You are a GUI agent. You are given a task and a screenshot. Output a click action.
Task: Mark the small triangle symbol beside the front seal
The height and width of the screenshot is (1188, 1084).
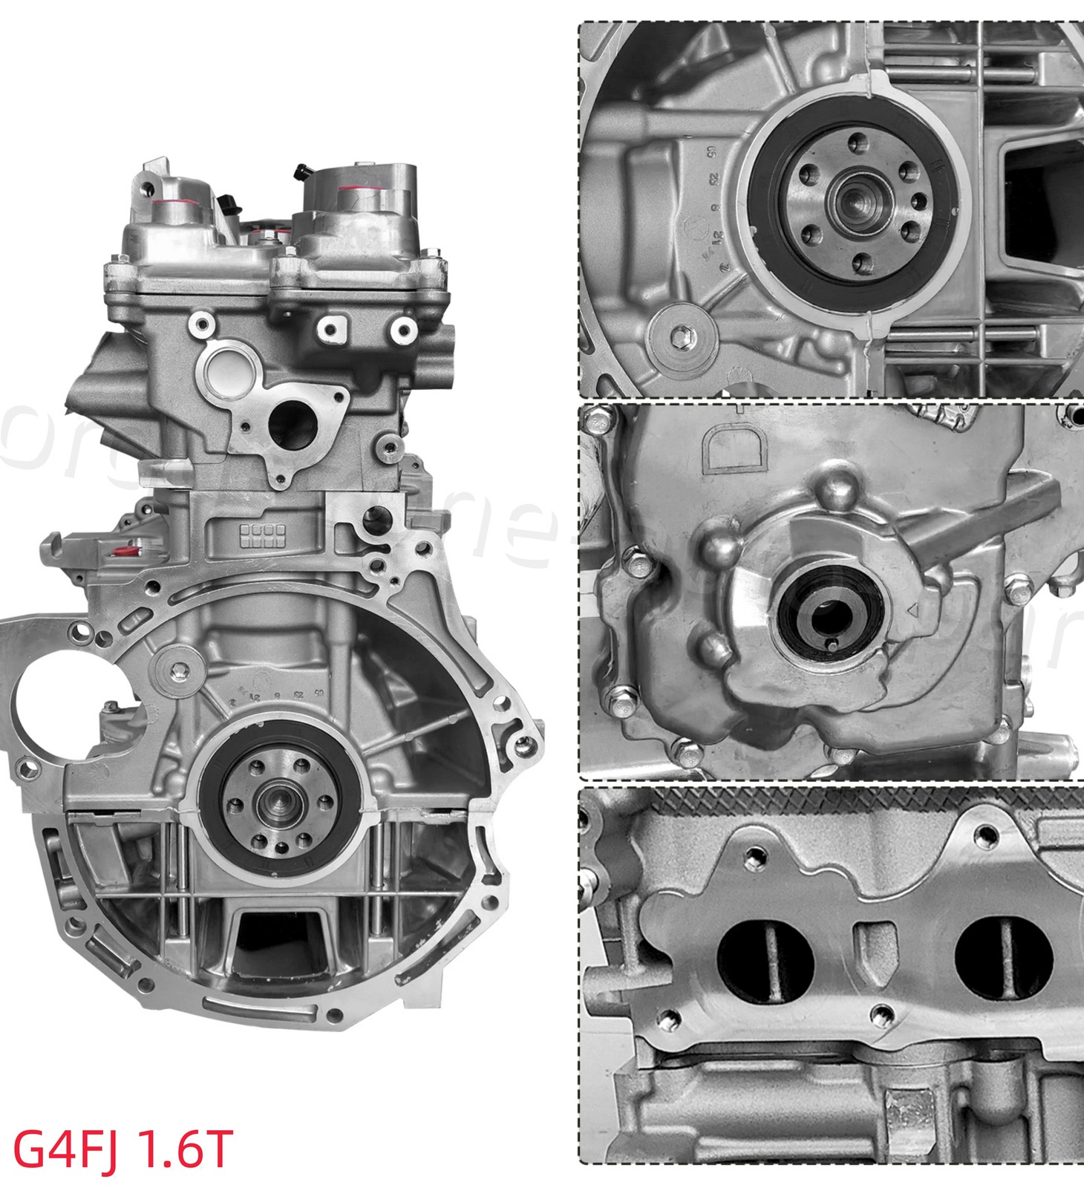click(x=915, y=610)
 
